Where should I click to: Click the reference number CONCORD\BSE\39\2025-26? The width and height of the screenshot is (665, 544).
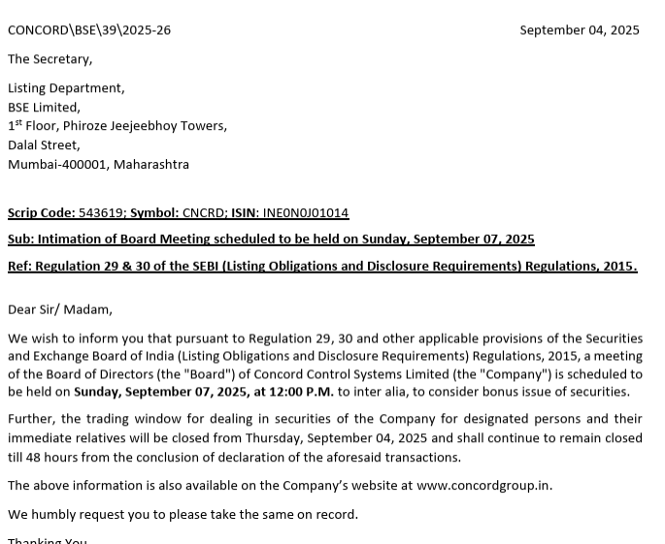click(89, 30)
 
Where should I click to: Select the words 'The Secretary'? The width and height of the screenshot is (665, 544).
click(50, 59)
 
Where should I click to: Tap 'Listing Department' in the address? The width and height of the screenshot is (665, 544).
click(66, 88)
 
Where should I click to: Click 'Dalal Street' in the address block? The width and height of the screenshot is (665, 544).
click(44, 145)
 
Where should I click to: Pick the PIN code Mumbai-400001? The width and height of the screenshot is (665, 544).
click(57, 165)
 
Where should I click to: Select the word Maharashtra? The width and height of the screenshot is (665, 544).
click(151, 165)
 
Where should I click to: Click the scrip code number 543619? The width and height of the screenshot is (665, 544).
click(101, 212)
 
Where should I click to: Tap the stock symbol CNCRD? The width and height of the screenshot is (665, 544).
click(204, 212)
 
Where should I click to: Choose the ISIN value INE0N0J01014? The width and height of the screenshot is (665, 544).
click(305, 212)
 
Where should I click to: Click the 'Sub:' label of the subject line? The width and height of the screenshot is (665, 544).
click(20, 240)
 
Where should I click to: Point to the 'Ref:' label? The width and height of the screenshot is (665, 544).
click(19, 266)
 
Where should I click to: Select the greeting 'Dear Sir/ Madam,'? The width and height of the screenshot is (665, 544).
click(60, 310)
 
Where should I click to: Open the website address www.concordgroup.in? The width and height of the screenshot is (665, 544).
click(483, 486)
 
